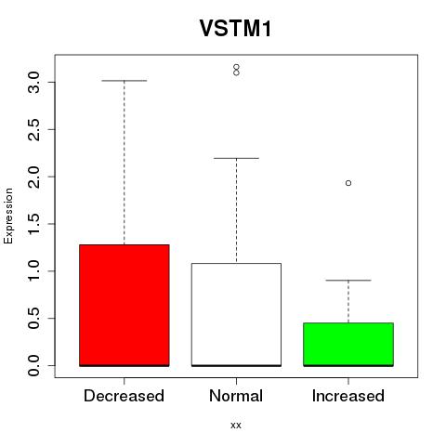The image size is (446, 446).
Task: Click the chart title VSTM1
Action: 236,28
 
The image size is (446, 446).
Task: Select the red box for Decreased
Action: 125,306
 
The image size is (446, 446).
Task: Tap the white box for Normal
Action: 236,315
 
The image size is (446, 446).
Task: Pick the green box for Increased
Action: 348,345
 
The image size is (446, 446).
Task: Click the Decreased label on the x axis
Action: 124,396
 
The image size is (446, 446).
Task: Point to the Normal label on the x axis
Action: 236,396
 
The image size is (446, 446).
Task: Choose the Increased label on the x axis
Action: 348,396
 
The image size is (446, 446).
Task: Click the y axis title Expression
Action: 8,216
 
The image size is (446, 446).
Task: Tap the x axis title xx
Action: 236,425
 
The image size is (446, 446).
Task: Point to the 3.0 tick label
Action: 33,82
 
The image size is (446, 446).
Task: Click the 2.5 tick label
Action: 33,129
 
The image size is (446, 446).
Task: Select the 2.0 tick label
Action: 33,177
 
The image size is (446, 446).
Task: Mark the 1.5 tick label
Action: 33,224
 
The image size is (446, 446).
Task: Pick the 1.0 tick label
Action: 33,271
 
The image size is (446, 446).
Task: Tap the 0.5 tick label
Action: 33,318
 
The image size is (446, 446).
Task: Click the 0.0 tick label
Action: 33,365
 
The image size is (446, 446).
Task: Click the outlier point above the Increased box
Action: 348,183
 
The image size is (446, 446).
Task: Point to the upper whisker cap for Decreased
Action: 125,81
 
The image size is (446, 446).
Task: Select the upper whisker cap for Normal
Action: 236,158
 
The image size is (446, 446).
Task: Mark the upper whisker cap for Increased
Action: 348,281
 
